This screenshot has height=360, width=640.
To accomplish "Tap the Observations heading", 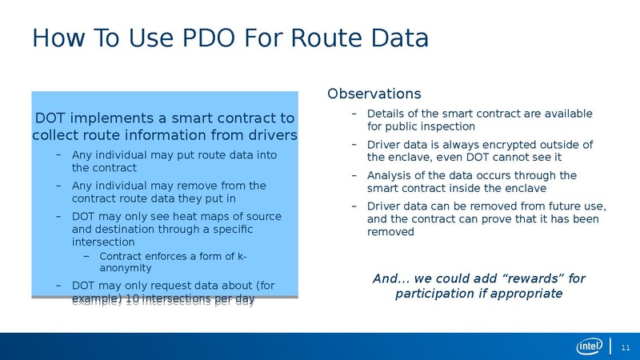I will click(x=374, y=94).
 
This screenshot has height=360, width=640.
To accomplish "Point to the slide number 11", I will click(x=626, y=346).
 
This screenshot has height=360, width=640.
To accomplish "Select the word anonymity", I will click(x=126, y=269).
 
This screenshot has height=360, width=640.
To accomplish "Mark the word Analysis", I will click(x=389, y=175).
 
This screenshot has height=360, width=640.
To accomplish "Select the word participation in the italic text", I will click(x=433, y=294).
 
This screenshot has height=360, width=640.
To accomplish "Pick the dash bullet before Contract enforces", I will click(x=87, y=256).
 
